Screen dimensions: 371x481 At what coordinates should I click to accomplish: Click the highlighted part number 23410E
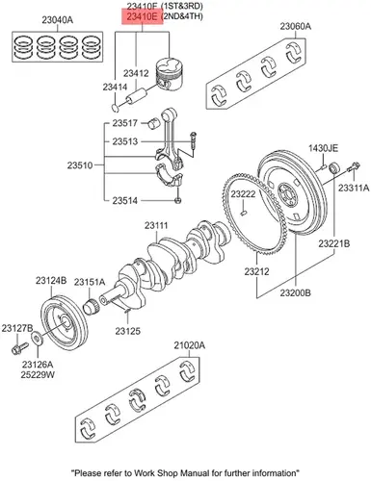142,16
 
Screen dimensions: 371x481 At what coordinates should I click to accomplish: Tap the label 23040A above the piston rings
58,20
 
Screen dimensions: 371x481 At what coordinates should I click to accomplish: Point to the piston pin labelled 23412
137,96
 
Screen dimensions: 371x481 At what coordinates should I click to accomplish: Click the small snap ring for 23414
116,108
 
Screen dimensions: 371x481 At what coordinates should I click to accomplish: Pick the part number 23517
125,123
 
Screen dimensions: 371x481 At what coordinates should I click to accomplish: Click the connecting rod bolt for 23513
193,140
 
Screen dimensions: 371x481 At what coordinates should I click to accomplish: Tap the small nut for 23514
178,201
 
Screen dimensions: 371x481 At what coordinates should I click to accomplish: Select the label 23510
80,165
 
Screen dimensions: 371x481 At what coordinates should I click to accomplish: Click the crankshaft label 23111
156,225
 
